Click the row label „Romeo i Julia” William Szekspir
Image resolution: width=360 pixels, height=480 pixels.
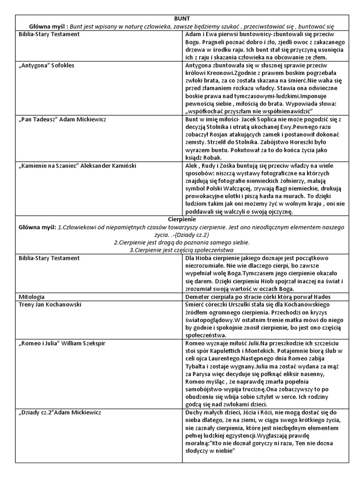62,343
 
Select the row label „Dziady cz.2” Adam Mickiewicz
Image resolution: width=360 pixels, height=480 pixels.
60,412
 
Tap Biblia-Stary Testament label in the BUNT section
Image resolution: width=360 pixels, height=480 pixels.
49,34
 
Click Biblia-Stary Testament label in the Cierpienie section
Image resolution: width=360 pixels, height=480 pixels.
49,258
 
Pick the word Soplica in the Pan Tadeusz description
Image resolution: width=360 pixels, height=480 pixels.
274,119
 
